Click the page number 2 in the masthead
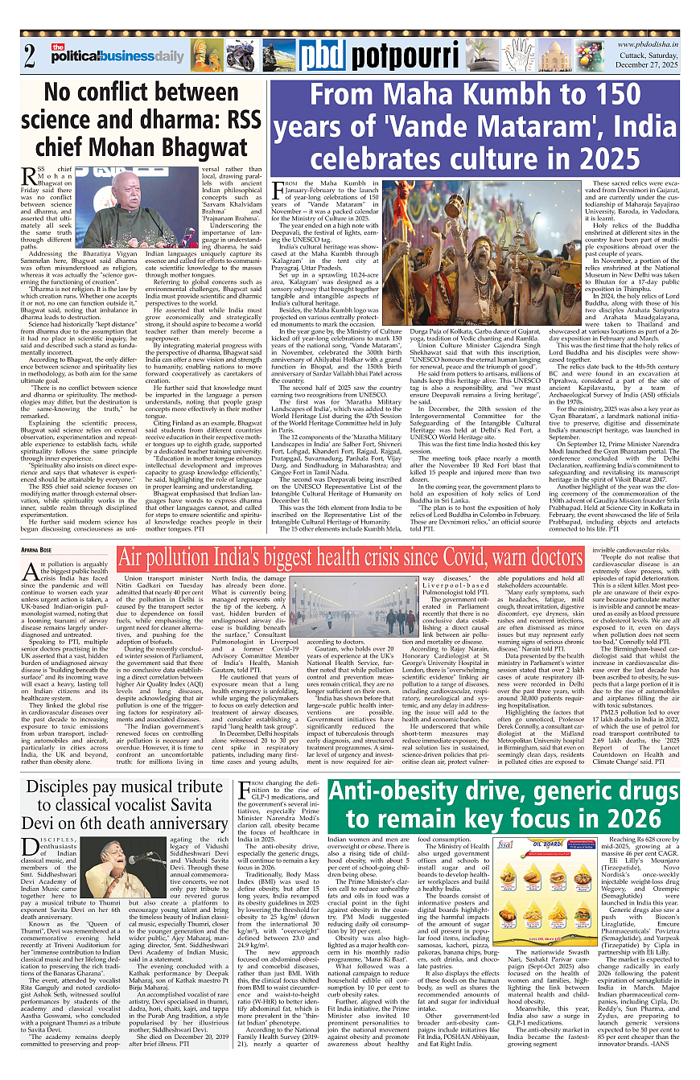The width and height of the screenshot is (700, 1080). tap(30, 57)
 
